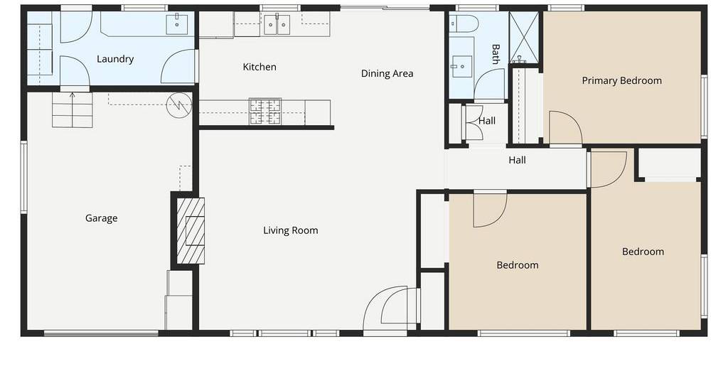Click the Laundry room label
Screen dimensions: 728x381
coord(115,59)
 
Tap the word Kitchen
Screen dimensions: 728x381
coord(259,67)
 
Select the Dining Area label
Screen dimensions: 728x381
coord(387,73)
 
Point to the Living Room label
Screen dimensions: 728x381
coord(291,230)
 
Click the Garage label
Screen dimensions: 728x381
coord(101,218)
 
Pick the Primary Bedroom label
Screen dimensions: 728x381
coord(621,81)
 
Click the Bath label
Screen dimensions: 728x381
coord(496,54)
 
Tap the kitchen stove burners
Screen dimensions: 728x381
coord(265,112)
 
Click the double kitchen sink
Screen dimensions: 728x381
coord(277,25)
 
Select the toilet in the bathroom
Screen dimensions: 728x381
coord(464,23)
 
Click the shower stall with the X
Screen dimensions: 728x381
coord(524,38)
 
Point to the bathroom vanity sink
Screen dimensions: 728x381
coord(461,66)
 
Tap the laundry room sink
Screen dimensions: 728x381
coord(177,24)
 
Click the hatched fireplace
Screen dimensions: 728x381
coord(191,230)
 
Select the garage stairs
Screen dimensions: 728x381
coord(72,110)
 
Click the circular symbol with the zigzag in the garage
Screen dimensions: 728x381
coord(178,105)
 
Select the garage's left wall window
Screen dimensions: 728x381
coord(23,178)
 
